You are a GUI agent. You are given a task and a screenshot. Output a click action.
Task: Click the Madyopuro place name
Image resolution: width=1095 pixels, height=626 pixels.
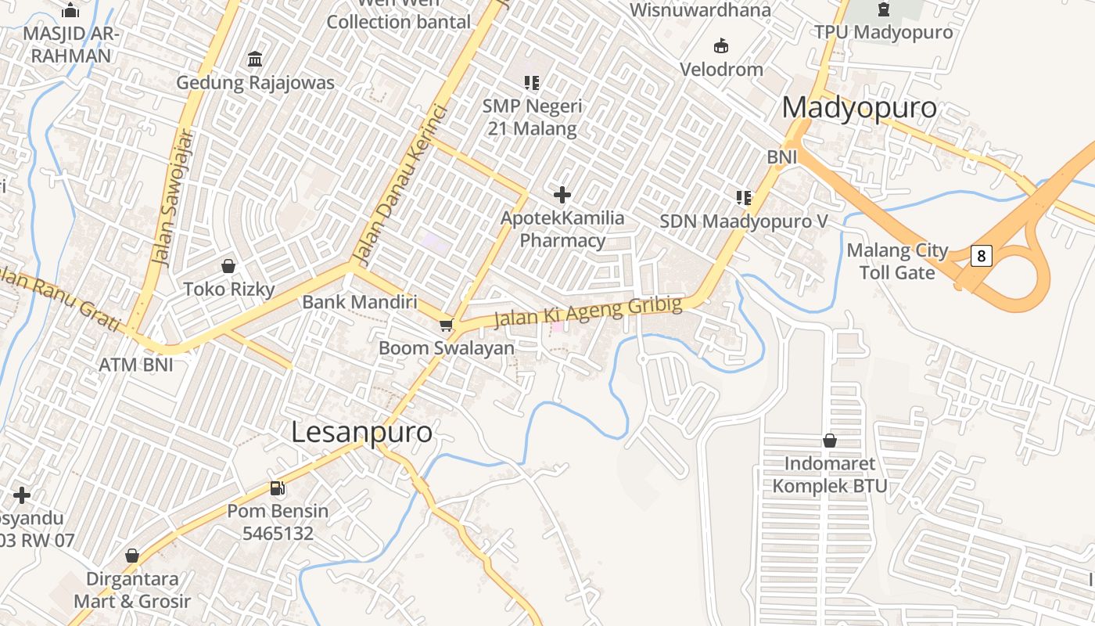pyautogui.click(x=859, y=108)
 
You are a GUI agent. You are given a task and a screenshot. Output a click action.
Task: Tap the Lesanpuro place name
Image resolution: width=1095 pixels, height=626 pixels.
pyautogui.click(x=361, y=432)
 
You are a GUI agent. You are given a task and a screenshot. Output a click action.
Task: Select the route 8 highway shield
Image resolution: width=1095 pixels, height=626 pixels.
pyautogui.click(x=981, y=255)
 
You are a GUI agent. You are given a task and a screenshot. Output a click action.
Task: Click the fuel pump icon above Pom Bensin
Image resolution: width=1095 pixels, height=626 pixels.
pyautogui.click(x=277, y=488)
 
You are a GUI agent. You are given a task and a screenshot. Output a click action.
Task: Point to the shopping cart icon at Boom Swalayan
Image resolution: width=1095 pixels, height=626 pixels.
pyautogui.click(x=446, y=325)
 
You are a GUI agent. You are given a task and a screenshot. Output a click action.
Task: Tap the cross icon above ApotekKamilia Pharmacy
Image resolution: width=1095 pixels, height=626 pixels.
pyautogui.click(x=562, y=195)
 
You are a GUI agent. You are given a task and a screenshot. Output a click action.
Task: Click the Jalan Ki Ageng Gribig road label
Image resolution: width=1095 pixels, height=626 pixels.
pyautogui.click(x=588, y=311)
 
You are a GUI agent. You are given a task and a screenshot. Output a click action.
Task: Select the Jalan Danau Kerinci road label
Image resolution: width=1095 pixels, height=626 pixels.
pyautogui.click(x=400, y=183)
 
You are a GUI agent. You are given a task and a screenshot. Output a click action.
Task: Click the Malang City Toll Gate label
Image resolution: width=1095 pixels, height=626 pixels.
pyautogui.click(x=897, y=261)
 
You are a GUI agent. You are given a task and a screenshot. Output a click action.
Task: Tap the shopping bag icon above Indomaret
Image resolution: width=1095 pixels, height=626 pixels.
pyautogui.click(x=830, y=441)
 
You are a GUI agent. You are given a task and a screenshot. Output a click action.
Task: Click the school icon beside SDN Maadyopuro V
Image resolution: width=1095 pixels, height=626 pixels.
pyautogui.click(x=743, y=198)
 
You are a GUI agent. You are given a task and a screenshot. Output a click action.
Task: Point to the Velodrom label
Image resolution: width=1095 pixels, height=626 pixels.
pyautogui.click(x=721, y=69)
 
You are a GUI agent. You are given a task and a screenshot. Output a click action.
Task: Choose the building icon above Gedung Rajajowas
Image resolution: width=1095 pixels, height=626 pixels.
pyautogui.click(x=255, y=59)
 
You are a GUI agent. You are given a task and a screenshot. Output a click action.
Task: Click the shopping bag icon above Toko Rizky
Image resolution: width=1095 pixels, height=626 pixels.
pyautogui.click(x=228, y=267)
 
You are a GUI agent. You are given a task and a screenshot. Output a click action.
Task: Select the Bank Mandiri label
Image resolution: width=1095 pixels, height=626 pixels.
pyautogui.click(x=360, y=301)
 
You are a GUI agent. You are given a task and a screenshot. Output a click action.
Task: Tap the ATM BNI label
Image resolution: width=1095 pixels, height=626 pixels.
pyautogui.click(x=135, y=364)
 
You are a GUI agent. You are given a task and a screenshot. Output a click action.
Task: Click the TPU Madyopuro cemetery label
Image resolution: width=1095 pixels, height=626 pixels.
pyautogui.click(x=883, y=32)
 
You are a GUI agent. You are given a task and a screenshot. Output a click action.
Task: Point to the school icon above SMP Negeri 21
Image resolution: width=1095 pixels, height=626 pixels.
pyautogui.click(x=532, y=82)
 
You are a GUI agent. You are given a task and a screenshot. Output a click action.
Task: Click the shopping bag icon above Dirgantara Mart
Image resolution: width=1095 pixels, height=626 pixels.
pyautogui.click(x=132, y=556)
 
